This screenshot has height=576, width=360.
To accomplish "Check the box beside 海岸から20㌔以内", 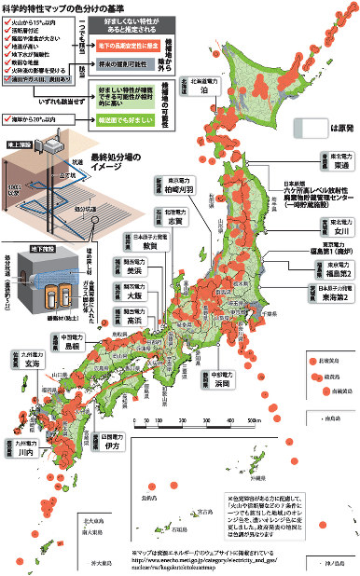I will pyautogui.click(x=7, y=121).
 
